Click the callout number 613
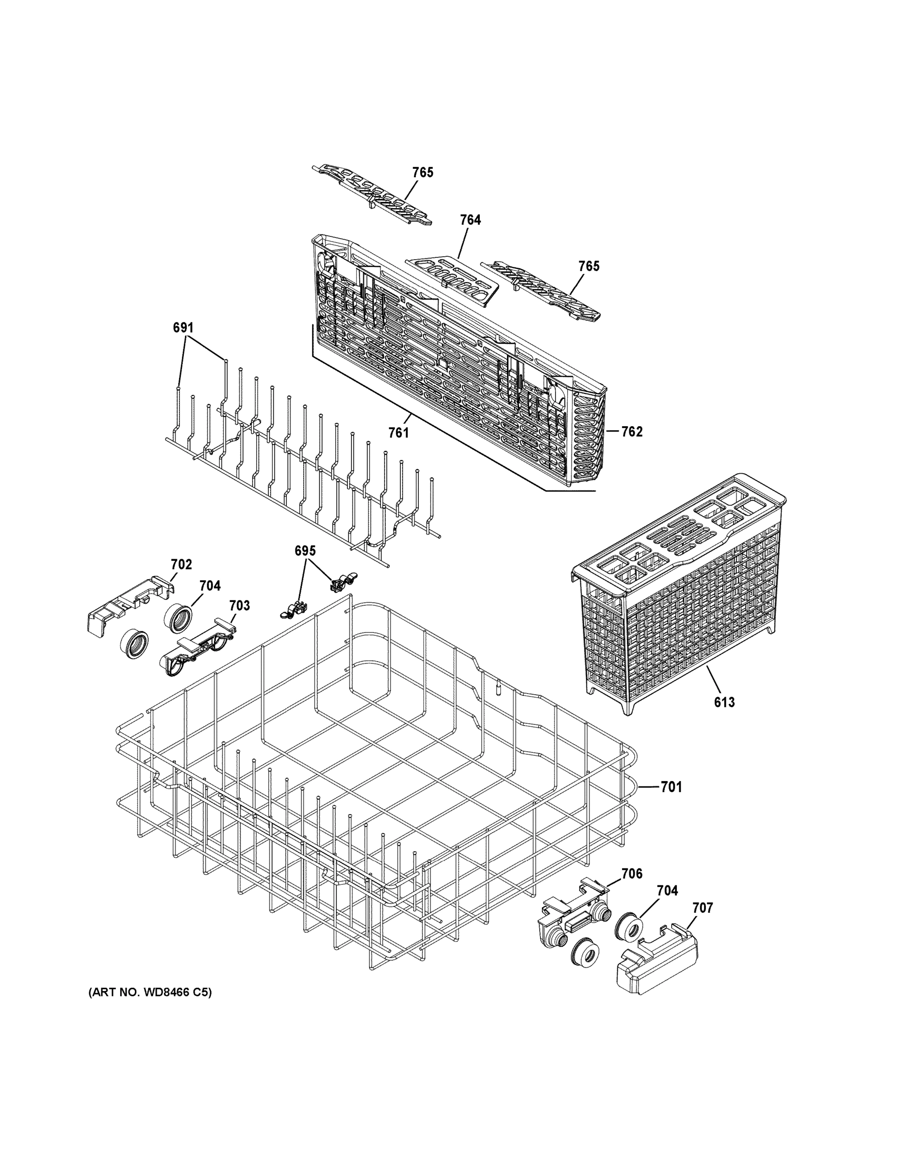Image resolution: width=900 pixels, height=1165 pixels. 724,702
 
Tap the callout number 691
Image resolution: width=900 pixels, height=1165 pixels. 183,328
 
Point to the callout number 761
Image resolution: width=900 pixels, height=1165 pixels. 398,433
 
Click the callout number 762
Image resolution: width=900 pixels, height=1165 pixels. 632,432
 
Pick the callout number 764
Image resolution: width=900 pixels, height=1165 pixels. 470,220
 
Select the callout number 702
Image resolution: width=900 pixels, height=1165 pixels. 181,565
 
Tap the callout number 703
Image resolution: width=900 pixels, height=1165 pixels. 239,605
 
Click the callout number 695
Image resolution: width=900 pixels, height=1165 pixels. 305,550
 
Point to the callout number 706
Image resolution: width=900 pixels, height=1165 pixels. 632,873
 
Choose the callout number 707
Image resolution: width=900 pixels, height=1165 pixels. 702,907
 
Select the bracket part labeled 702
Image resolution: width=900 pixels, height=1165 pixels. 128,605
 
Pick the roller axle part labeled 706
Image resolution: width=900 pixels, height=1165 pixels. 573,907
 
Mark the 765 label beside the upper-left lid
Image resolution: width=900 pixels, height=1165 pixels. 422,172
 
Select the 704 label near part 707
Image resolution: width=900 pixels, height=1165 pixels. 667,890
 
